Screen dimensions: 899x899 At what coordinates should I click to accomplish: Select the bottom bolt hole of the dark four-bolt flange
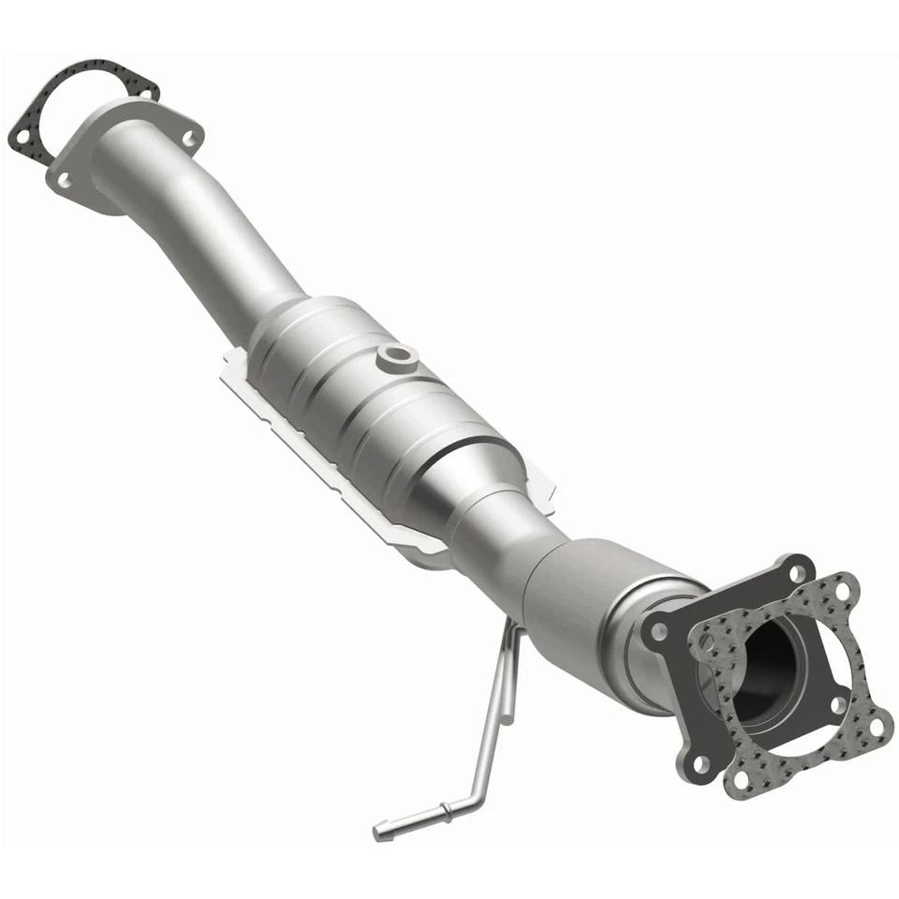click(701, 764)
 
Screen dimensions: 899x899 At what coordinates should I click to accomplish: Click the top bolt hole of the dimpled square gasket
click(843, 591)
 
